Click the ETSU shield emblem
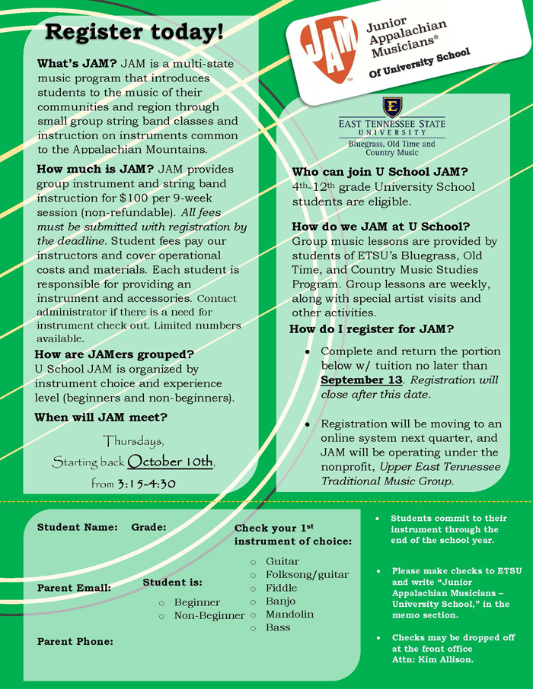pyautogui.click(x=392, y=106)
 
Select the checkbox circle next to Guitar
pyautogui.click(x=253, y=562)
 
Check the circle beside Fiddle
pyautogui.click(x=253, y=589)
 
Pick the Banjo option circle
pyautogui.click(x=253, y=602)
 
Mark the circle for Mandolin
pyautogui.click(x=253, y=614)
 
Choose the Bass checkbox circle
pyautogui.click(x=253, y=628)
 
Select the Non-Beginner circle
pyautogui.click(x=161, y=616)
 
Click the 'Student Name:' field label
pyautogui.click(x=77, y=527)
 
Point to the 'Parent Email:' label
pyautogui.click(x=74, y=588)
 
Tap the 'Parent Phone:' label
pyautogui.click(x=75, y=641)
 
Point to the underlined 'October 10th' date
pyautogui.click(x=171, y=462)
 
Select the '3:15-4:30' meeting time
pyautogui.click(x=146, y=483)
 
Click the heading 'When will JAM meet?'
pyautogui.click(x=101, y=418)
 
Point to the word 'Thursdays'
pyautogui.click(x=133, y=441)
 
